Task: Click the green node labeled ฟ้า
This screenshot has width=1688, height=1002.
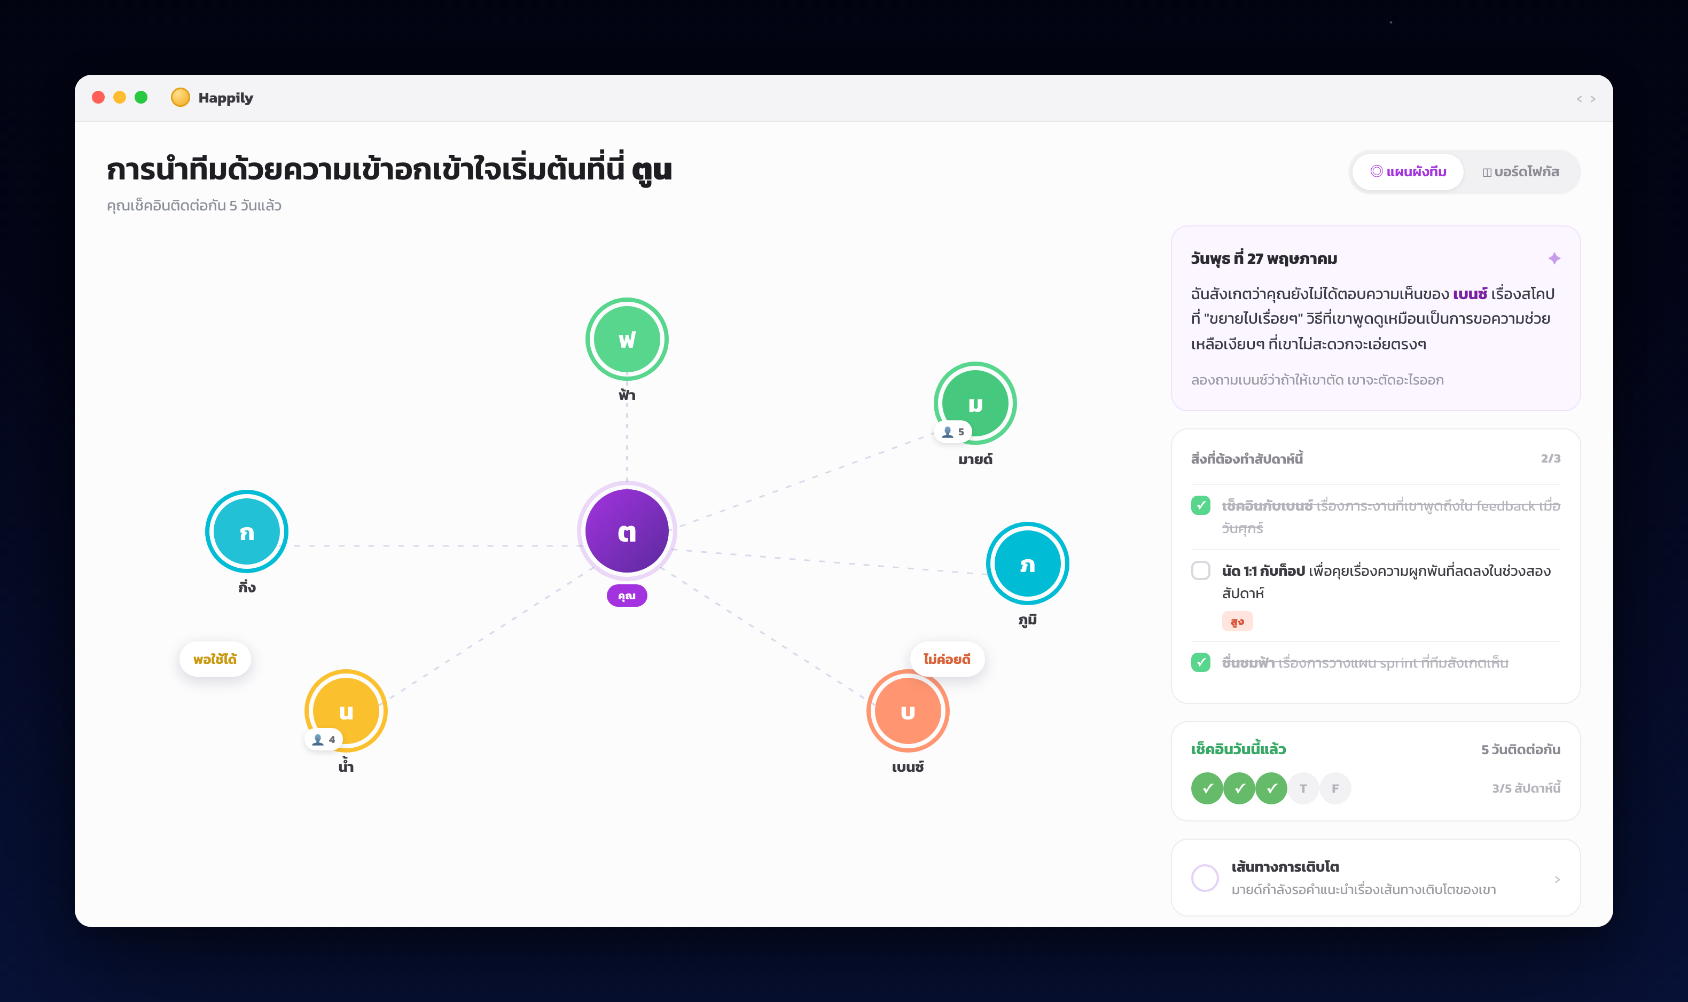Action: (627, 339)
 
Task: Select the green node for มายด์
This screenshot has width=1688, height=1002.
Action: (975, 403)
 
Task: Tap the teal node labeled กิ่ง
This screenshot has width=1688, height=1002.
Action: (246, 531)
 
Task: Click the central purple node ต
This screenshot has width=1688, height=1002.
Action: (627, 531)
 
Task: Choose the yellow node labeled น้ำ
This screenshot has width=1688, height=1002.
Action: (346, 710)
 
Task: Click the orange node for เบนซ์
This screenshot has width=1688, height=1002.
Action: (908, 710)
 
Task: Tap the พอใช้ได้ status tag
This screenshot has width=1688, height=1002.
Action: (215, 659)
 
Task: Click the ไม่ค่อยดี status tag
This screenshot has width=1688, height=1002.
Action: (947, 659)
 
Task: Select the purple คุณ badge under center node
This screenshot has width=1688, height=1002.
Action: (627, 596)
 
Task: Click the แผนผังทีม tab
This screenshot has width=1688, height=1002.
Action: (1408, 171)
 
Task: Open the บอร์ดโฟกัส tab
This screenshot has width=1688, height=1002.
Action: (1521, 171)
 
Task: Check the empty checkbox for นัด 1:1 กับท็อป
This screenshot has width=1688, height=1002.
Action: (1200, 570)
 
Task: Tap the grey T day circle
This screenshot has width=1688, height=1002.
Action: (1303, 788)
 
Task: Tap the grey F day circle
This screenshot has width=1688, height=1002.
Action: (1335, 788)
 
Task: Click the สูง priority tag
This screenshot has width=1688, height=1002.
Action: (1237, 621)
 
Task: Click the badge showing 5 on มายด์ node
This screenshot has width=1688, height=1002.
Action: (953, 432)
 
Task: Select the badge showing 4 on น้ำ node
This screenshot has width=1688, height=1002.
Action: (323, 739)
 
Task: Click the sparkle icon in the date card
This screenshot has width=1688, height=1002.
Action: (1553, 259)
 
